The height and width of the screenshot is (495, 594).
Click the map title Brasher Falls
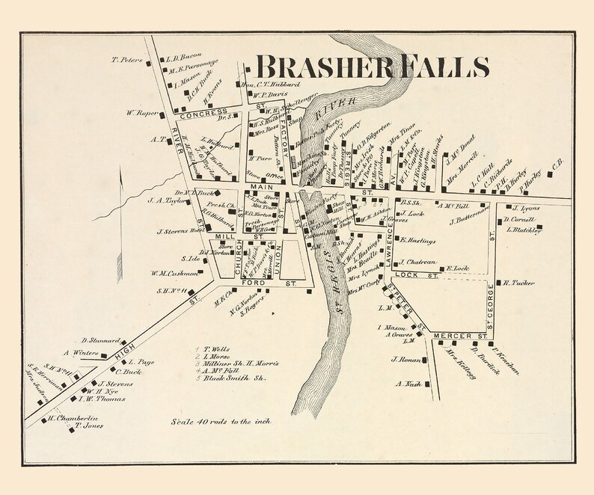(x=372, y=67)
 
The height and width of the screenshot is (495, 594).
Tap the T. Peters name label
(x=126, y=60)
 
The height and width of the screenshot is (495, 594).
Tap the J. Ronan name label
(x=403, y=360)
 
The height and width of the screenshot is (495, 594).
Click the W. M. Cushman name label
(x=173, y=272)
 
